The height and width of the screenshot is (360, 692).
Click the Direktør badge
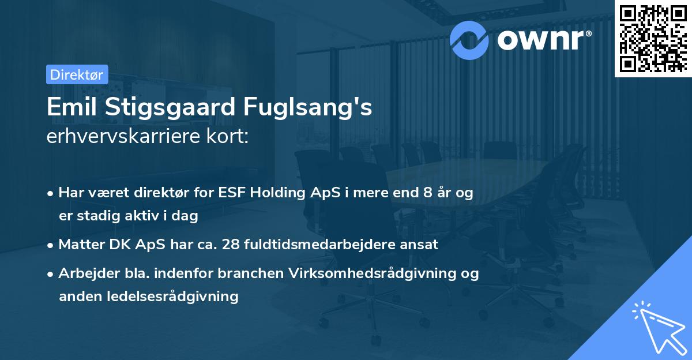point(77,74)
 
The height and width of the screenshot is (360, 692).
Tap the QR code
point(653,39)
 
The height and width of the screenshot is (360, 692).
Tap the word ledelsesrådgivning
point(173,297)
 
